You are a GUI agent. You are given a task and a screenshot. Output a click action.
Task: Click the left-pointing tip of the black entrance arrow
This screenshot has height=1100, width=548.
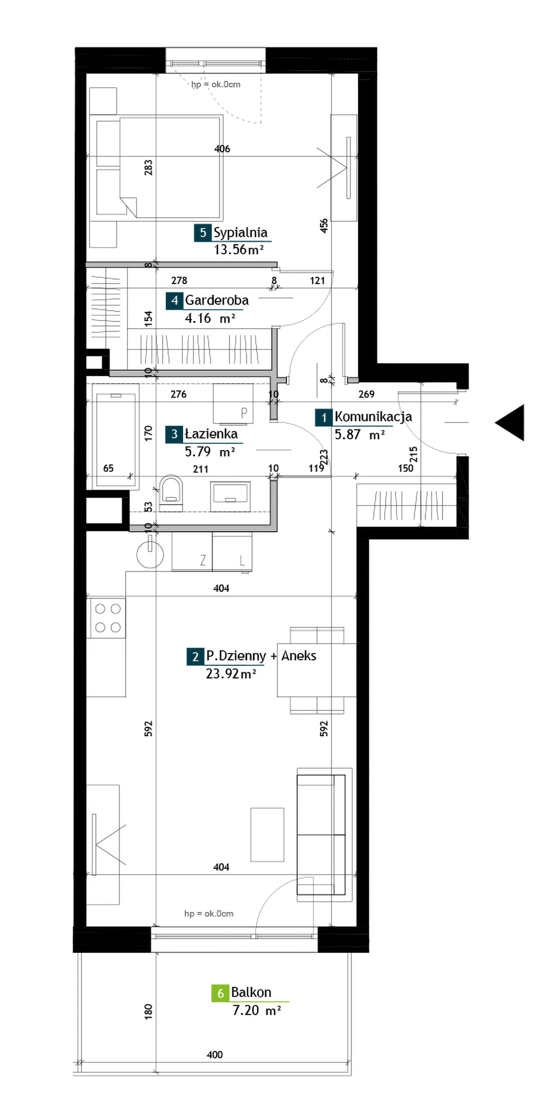(495, 422)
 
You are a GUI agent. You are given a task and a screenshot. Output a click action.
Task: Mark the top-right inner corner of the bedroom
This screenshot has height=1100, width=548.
(358, 74)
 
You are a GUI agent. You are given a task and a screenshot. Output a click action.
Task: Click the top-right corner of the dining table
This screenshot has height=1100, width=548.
(356, 644)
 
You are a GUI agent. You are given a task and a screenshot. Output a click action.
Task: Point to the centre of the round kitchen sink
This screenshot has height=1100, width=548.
(150, 554)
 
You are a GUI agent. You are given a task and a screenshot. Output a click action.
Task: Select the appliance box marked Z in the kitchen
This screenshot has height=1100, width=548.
(192, 552)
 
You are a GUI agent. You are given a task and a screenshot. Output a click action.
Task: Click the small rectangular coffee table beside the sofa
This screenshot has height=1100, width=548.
(267, 834)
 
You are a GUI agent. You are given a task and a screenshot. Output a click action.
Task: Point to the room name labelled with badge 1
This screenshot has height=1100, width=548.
(373, 417)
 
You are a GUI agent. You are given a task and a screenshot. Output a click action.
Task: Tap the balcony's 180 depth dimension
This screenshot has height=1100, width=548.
(148, 1011)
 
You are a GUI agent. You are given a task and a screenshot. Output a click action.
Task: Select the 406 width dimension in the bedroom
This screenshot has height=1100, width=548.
(222, 148)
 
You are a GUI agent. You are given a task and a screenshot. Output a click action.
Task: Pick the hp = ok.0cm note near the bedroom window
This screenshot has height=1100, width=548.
(216, 84)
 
